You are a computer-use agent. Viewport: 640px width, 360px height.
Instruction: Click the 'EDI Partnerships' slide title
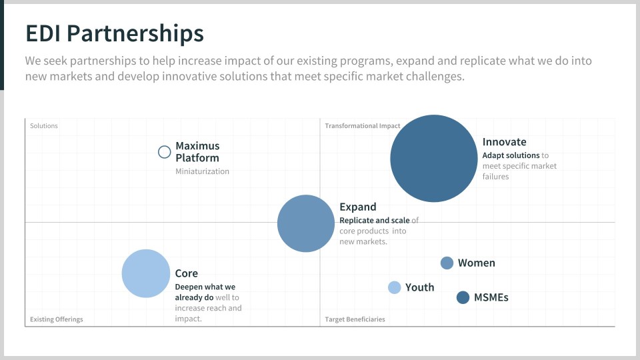click(x=115, y=34)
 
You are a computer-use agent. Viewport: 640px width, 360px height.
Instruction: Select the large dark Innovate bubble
click(x=434, y=159)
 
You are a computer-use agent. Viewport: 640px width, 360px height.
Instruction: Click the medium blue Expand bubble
click(x=306, y=223)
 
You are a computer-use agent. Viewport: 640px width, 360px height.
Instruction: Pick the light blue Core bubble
click(x=146, y=273)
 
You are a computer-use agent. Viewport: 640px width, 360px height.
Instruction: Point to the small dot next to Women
click(x=447, y=263)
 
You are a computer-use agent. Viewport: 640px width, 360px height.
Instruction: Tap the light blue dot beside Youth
click(x=394, y=287)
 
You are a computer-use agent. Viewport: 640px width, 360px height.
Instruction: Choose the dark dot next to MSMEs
click(x=463, y=297)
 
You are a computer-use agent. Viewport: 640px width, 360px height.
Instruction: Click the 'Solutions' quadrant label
click(x=44, y=126)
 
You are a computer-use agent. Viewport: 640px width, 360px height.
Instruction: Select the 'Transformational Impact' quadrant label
click(x=363, y=126)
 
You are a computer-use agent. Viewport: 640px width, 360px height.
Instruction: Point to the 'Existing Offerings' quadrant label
click(x=56, y=319)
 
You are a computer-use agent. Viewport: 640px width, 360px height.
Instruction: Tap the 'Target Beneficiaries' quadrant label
click(x=355, y=319)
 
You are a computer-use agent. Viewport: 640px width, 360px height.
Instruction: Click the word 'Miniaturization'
click(x=203, y=171)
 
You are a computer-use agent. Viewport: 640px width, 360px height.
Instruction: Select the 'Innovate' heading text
click(x=505, y=141)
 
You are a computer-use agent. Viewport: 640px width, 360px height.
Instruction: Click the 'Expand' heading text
click(x=358, y=207)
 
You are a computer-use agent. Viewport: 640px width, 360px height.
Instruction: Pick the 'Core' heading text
click(x=187, y=273)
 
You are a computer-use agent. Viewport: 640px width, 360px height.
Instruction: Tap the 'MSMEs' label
click(x=491, y=297)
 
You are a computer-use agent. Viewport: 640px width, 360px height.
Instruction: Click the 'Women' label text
click(x=476, y=263)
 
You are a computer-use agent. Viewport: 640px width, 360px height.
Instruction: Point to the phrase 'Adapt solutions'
click(x=511, y=155)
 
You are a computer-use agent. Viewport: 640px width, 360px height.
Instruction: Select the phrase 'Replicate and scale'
click(x=375, y=221)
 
